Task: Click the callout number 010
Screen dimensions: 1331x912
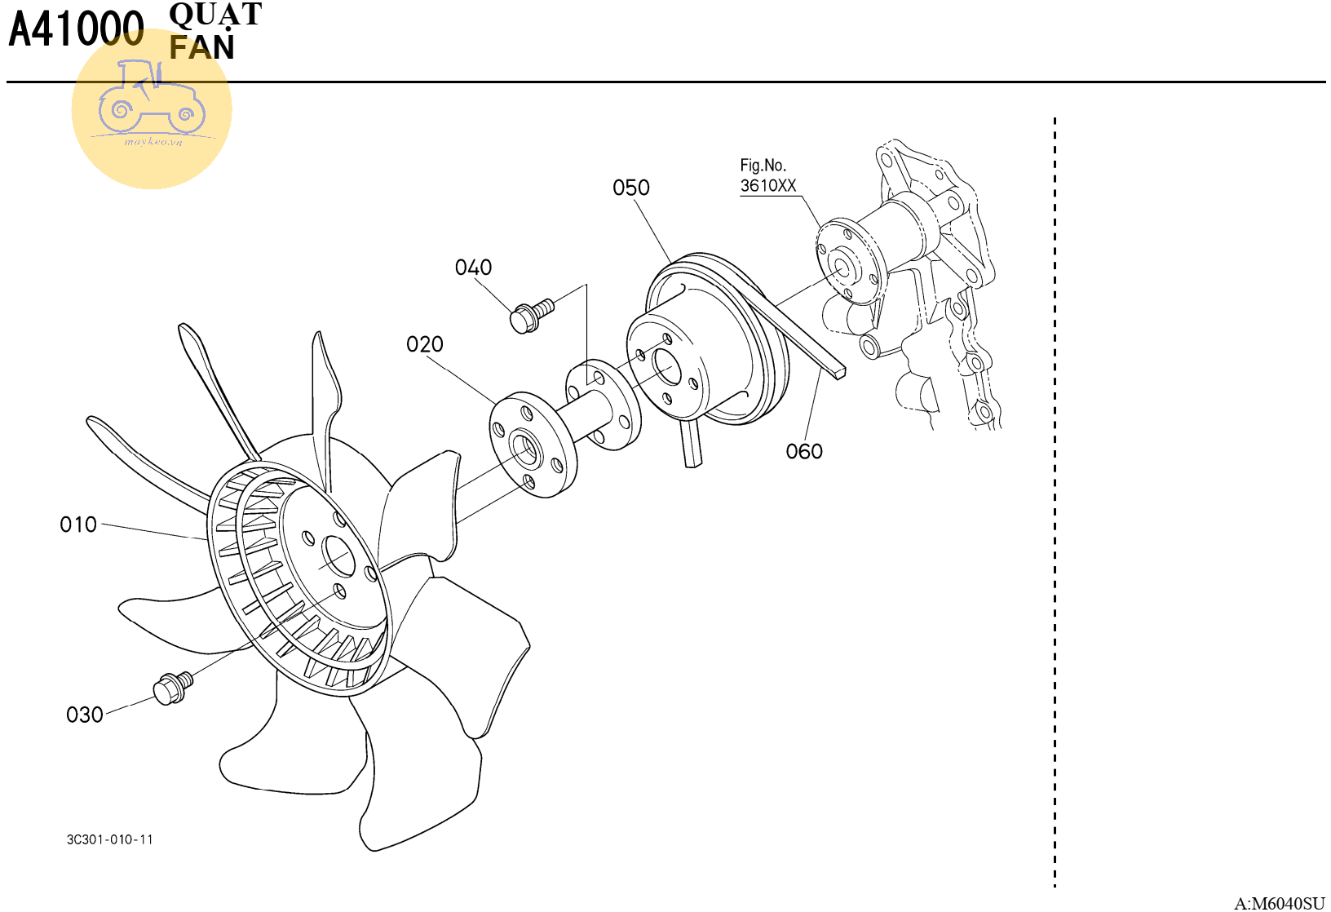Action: click(77, 525)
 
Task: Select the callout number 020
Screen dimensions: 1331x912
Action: click(424, 344)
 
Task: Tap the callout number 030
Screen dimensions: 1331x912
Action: click(84, 715)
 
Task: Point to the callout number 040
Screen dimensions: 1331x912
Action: click(473, 268)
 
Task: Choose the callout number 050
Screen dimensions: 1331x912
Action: click(630, 188)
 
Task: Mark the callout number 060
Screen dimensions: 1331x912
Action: click(804, 452)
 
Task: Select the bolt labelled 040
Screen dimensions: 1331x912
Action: click(532, 316)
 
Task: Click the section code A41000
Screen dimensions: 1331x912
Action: click(76, 29)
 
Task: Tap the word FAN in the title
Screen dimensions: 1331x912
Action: click(202, 47)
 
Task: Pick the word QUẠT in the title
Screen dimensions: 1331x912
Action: click(215, 15)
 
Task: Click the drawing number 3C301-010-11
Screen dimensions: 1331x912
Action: click(110, 839)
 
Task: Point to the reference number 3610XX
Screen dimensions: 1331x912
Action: click(767, 185)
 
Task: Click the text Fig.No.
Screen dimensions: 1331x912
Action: click(763, 165)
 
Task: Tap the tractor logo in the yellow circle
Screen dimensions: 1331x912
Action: click(153, 97)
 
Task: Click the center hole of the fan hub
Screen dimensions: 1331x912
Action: click(338, 556)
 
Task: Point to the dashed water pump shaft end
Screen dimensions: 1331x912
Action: click(842, 268)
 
